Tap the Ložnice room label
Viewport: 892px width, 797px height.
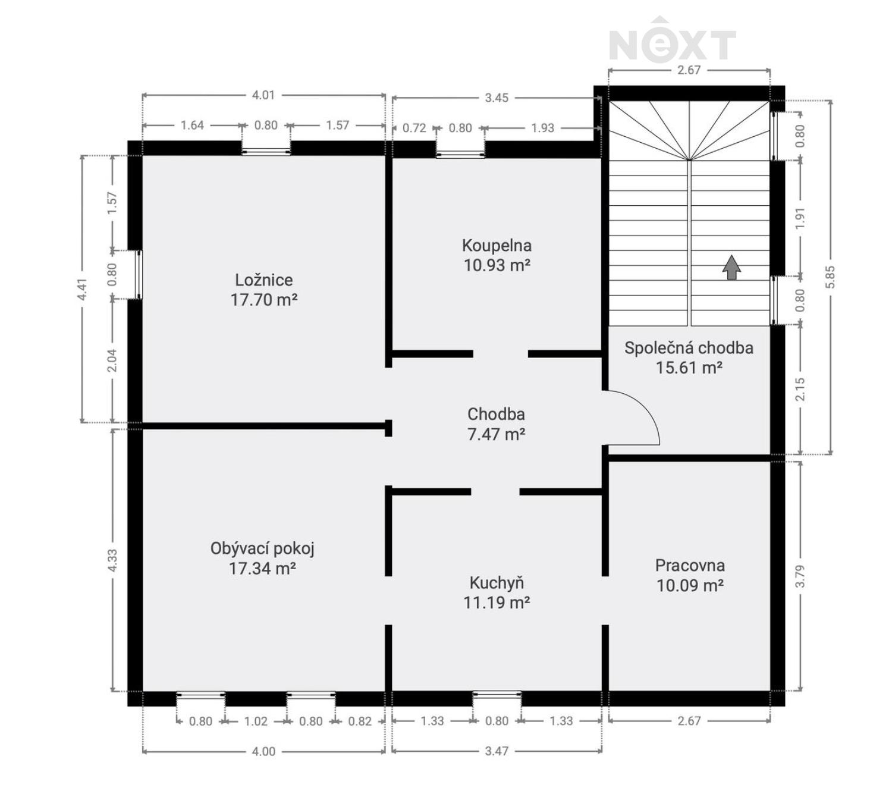(263, 280)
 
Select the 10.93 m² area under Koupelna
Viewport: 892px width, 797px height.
(497, 265)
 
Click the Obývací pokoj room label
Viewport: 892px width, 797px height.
(262, 548)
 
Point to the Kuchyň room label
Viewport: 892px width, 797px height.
(497, 583)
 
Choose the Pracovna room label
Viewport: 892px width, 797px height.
(690, 565)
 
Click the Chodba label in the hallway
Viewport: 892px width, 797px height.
(496, 414)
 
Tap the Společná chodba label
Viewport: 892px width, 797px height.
(689, 348)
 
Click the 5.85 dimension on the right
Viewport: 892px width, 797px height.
(830, 277)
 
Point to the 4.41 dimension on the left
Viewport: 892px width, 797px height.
(83, 289)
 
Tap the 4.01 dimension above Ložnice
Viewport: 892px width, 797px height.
(263, 95)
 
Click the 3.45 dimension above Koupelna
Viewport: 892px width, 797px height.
(497, 98)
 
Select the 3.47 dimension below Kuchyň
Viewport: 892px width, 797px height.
(497, 751)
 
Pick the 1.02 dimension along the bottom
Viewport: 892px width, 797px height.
(256, 721)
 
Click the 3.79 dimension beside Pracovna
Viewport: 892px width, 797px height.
(800, 576)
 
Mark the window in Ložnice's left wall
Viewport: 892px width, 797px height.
(138, 274)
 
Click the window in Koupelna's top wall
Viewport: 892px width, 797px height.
(460, 154)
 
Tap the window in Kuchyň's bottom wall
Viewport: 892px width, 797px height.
(497, 694)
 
